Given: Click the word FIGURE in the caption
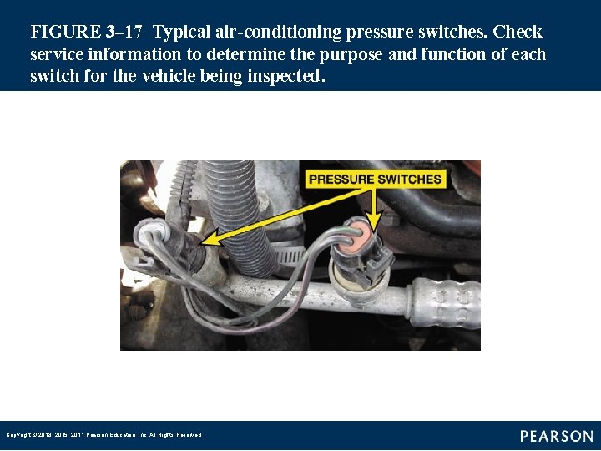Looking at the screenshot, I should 65,33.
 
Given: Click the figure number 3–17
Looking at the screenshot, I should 124,33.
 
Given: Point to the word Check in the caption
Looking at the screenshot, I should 517,33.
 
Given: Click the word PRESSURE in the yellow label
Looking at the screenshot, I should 342,179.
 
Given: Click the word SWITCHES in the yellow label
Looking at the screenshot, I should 408,179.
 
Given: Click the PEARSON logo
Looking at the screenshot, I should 557,435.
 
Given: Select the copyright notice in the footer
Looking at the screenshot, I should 104,435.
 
